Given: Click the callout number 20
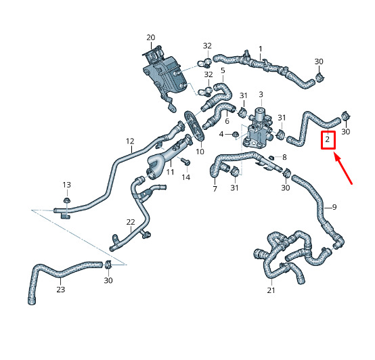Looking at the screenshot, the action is coord(151,37).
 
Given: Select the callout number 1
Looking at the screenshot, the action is coord(261,49).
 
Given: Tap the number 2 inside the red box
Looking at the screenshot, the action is coord(327,139).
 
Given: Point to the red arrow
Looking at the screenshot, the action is coord(343,169).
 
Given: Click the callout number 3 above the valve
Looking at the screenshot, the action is coord(261,95).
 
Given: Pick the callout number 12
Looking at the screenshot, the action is coord(130,141).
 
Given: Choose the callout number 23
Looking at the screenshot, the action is coord(60,290).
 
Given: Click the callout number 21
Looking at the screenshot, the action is coord(271,290).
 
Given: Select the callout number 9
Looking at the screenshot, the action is coord(334,207).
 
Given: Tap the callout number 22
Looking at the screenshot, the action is coord(131,222).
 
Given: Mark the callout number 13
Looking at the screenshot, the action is coord(67,185).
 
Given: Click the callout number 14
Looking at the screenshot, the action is coord(186,177).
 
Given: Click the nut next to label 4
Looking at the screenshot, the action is coord(235,135).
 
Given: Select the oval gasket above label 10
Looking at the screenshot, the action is coord(194,125).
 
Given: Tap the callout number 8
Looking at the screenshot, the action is coord(284,157).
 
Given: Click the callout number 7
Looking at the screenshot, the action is coord(215,189).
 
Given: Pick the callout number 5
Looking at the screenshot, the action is coord(223,70).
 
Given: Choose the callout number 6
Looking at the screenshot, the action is coord(227,121).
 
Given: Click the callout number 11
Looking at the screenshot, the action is coord(170,172).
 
